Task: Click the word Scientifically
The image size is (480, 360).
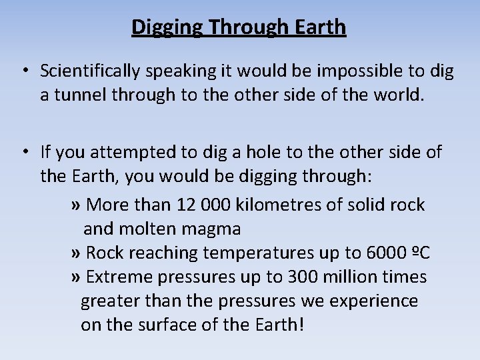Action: pyautogui.click(x=89, y=71)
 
